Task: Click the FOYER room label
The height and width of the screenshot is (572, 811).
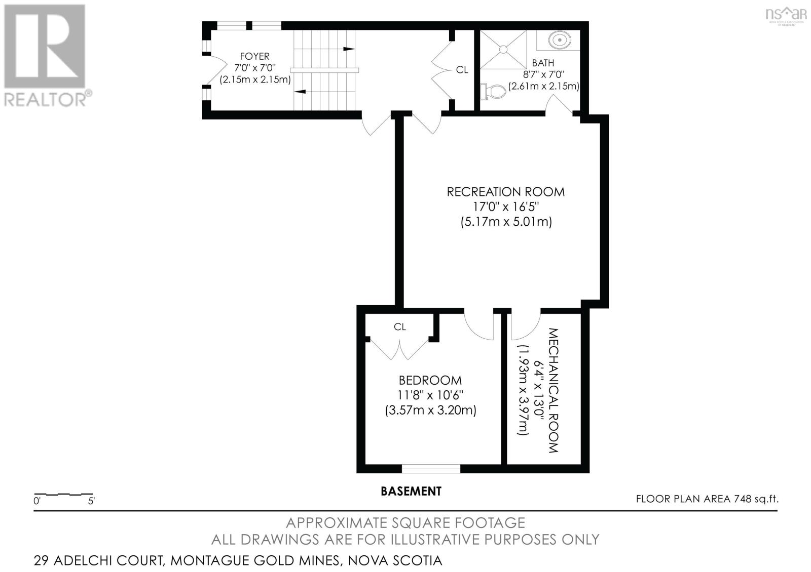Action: pyautogui.click(x=255, y=56)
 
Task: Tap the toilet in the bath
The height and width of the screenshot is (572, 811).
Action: pyautogui.click(x=494, y=92)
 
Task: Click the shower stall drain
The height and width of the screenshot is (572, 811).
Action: pyautogui.click(x=503, y=49)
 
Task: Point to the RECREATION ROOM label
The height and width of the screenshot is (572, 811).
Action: pyautogui.click(x=505, y=192)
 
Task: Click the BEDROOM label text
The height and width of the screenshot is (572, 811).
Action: pyautogui.click(x=430, y=380)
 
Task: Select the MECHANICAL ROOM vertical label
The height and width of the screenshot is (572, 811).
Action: pyautogui.click(x=553, y=390)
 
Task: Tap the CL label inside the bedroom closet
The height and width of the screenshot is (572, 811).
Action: pyautogui.click(x=400, y=327)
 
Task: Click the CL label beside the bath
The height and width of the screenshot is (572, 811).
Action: pyautogui.click(x=462, y=70)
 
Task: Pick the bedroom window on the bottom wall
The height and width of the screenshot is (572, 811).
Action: pyautogui.click(x=431, y=468)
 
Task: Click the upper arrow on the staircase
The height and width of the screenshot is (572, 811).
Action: pyautogui.click(x=348, y=49)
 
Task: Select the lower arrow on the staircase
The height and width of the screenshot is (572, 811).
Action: pyautogui.click(x=300, y=92)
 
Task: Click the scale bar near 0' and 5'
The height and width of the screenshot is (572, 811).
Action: pyautogui.click(x=63, y=494)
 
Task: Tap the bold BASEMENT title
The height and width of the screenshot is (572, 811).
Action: pyautogui.click(x=411, y=491)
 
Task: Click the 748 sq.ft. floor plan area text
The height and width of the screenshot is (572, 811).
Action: pyautogui.click(x=707, y=499)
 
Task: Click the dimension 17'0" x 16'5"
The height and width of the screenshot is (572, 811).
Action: pyautogui.click(x=505, y=207)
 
